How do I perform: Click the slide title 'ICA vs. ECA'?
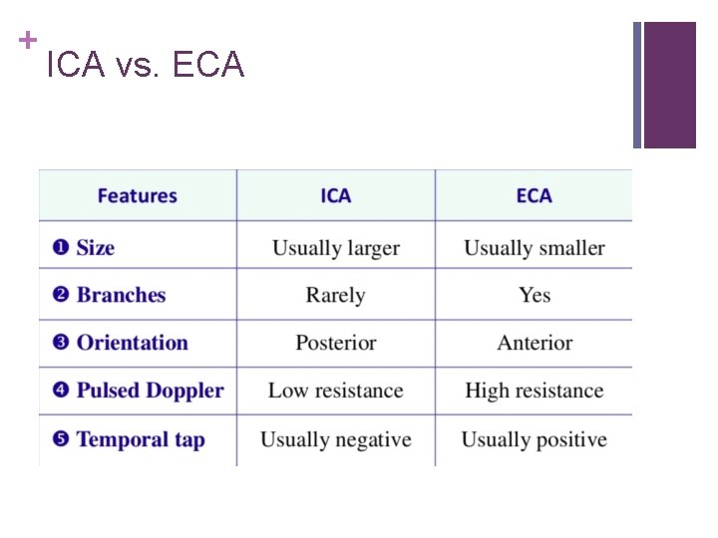146,66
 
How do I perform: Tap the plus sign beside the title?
27,40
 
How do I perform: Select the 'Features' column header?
137,195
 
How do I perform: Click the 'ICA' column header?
335,195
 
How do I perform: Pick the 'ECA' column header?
534,195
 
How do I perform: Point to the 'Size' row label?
96,247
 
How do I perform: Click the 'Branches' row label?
121,295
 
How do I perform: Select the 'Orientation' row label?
132,343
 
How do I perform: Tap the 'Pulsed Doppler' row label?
150,391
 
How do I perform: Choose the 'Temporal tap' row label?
140,439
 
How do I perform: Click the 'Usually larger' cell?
335,247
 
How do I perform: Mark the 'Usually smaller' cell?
534,247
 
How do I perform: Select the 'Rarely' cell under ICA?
335,295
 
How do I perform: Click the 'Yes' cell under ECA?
534,295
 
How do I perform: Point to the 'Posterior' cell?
335,343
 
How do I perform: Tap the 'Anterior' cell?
534,343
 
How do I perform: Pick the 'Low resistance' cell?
335,391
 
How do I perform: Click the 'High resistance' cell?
534,391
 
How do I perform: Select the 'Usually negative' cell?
335,439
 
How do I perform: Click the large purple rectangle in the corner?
669,85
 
